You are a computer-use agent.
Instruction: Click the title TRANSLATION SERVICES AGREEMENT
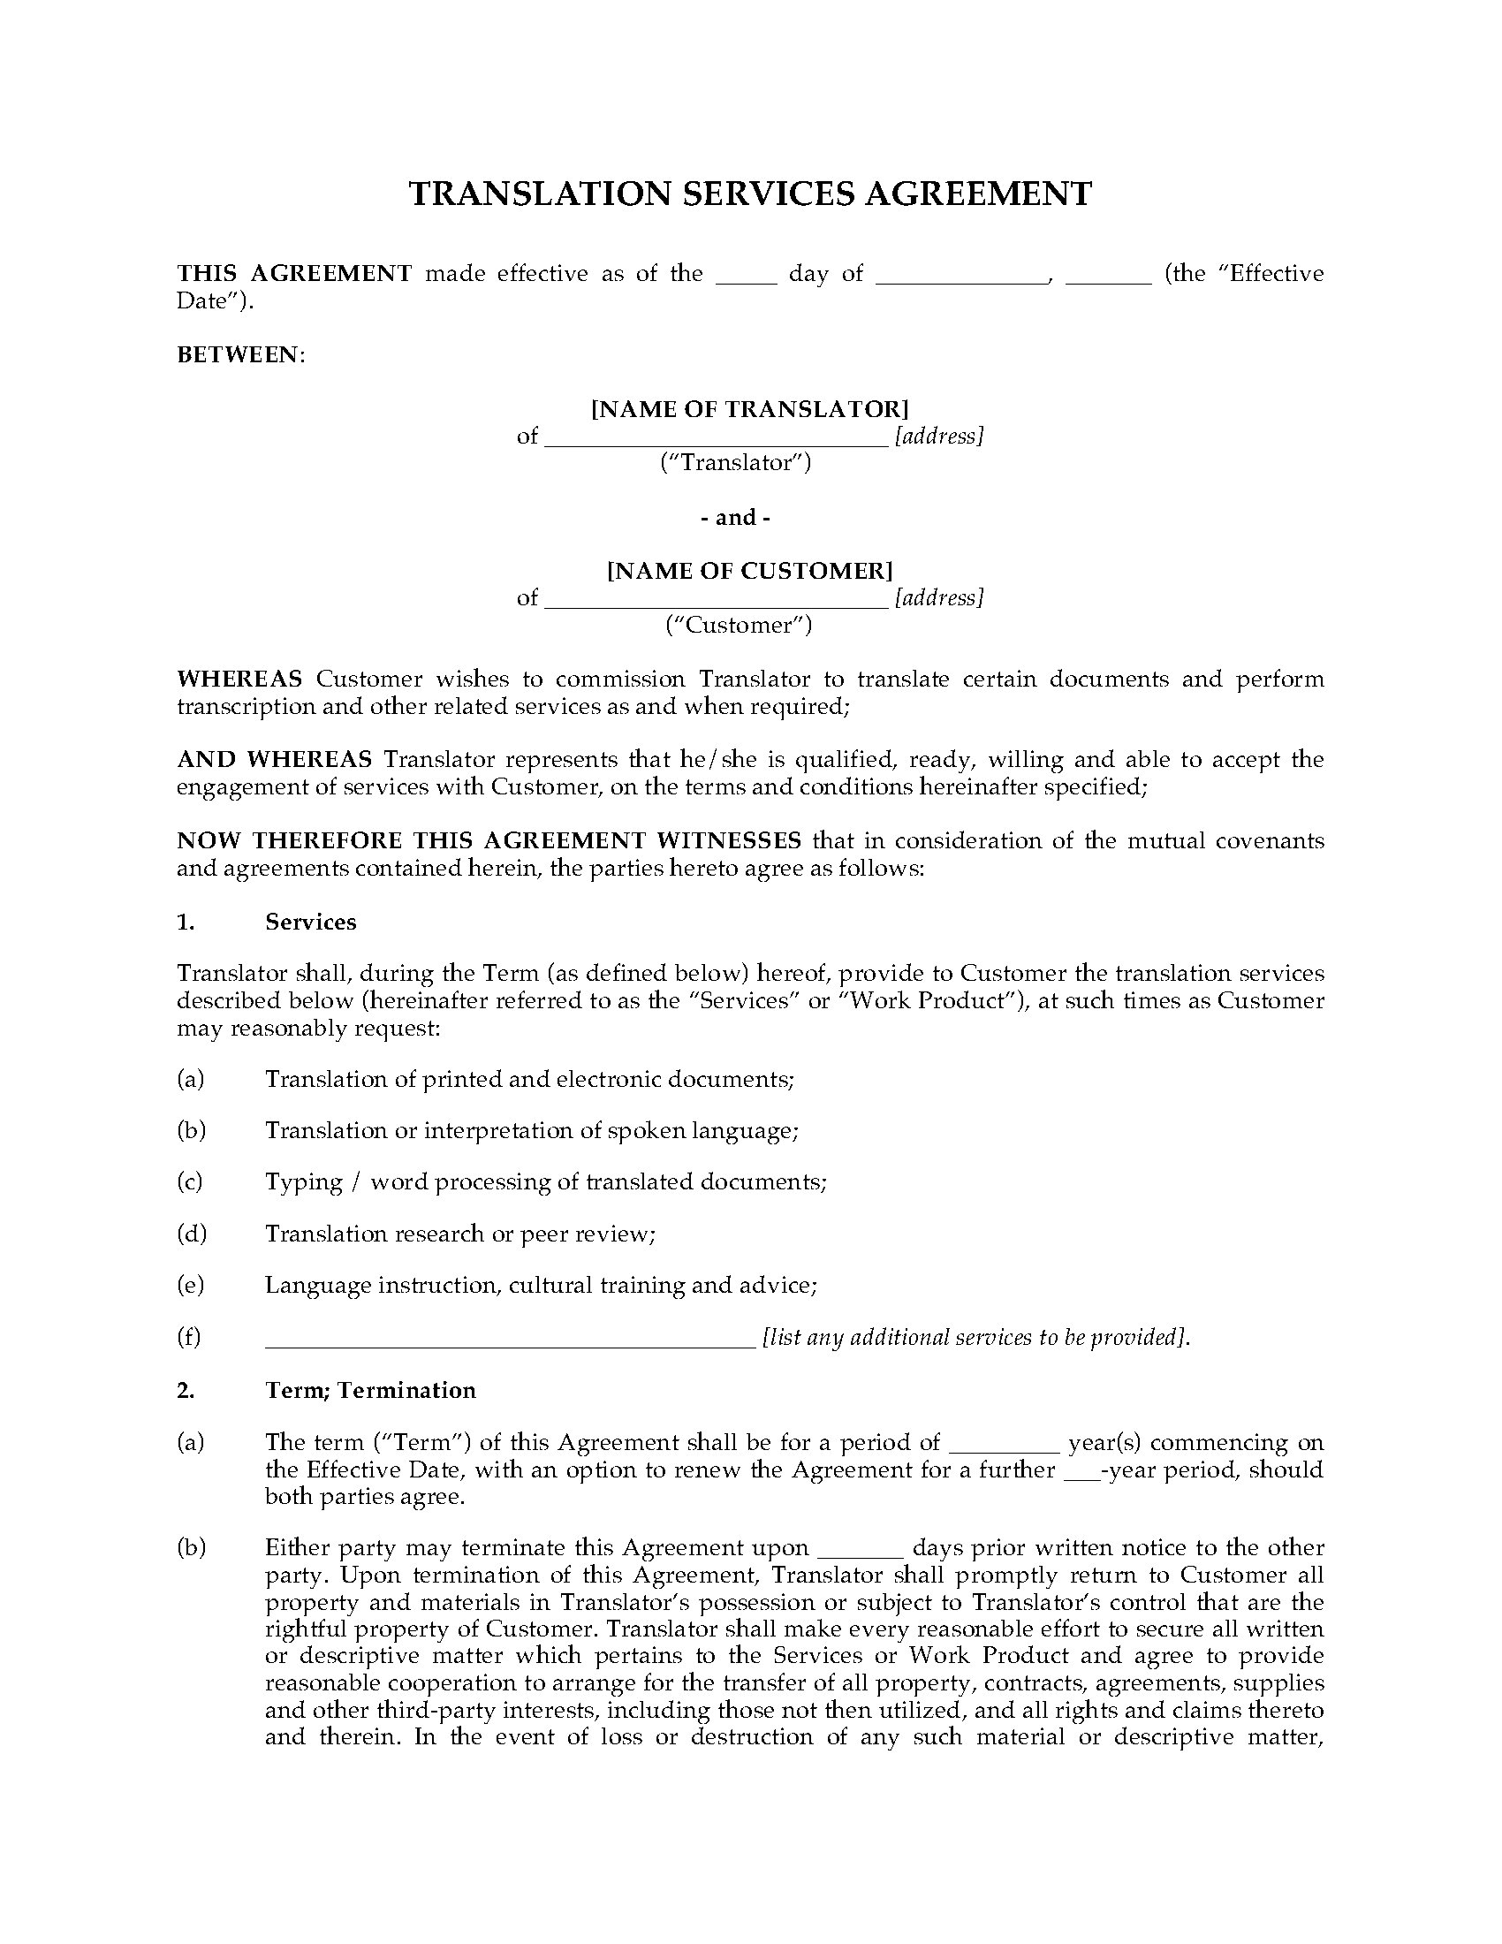point(750,194)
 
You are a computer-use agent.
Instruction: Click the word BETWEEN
point(239,355)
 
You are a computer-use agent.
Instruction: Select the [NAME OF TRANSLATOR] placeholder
point(750,409)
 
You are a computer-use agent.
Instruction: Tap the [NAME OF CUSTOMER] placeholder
point(750,571)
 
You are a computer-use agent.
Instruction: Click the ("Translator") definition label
point(736,463)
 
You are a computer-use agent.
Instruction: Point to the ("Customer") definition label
point(740,625)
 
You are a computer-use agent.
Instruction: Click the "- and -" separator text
point(736,517)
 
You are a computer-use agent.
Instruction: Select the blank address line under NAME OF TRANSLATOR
point(716,439)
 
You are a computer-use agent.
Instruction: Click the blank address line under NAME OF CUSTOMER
point(716,600)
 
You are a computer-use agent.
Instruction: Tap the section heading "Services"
point(310,923)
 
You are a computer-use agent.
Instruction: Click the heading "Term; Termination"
point(370,1390)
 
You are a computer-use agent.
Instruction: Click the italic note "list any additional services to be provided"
point(975,1337)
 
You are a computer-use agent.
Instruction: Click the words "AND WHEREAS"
point(274,759)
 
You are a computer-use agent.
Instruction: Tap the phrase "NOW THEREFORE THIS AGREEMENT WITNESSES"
point(489,840)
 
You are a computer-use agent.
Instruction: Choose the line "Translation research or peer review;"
point(460,1234)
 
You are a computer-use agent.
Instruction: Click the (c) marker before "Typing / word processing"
point(191,1182)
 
